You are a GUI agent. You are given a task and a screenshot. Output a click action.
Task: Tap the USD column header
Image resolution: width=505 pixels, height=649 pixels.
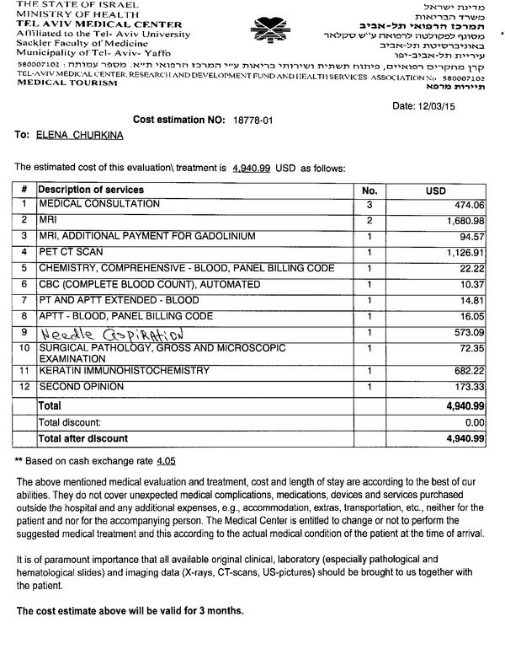pyautogui.click(x=435, y=191)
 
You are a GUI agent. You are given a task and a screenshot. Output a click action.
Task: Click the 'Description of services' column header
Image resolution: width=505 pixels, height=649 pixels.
pyautogui.click(x=90, y=190)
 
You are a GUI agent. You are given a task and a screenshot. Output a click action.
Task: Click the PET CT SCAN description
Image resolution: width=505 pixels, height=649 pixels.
pyautogui.click(x=70, y=252)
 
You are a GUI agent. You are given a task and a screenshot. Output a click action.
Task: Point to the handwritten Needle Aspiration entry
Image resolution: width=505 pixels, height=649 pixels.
pyautogui.click(x=112, y=334)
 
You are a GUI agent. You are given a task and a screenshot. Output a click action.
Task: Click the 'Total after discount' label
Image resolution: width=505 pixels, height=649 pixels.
pyautogui.click(x=82, y=438)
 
